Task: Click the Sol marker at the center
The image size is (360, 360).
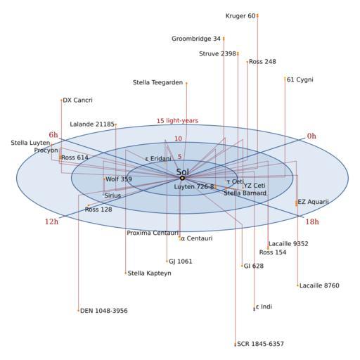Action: pyautogui.click(x=182, y=178)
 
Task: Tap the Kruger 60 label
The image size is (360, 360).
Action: pyautogui.click(x=240, y=16)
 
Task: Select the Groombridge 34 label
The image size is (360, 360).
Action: pyautogui.click(x=196, y=39)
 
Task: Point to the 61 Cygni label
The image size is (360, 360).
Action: pyautogui.click(x=300, y=79)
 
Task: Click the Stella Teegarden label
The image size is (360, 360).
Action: pyautogui.click(x=157, y=82)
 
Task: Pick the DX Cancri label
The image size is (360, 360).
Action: pyautogui.click(x=78, y=100)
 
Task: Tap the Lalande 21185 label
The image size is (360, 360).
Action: pyautogui.click(x=92, y=124)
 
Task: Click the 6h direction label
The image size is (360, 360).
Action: pyautogui.click(x=53, y=135)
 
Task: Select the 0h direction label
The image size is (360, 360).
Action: pyautogui.click(x=311, y=136)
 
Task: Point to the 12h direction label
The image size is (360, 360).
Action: pyautogui.click(x=51, y=221)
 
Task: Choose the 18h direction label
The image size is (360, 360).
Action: pyautogui.click(x=312, y=221)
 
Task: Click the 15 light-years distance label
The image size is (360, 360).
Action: pyautogui.click(x=177, y=121)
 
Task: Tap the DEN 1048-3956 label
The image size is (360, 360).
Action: pyautogui.click(x=104, y=311)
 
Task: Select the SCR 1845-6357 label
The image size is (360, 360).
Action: pyautogui.click(x=260, y=344)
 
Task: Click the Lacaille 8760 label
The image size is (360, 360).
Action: pyautogui.click(x=319, y=285)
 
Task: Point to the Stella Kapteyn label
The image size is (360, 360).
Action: pyautogui.click(x=149, y=274)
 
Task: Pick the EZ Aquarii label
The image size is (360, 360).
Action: pyautogui.click(x=313, y=202)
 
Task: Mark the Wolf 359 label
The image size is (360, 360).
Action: pyautogui.click(x=119, y=179)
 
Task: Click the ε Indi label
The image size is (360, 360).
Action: pyautogui.click(x=264, y=307)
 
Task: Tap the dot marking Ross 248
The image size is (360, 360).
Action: pyautogui.click(x=247, y=62)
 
